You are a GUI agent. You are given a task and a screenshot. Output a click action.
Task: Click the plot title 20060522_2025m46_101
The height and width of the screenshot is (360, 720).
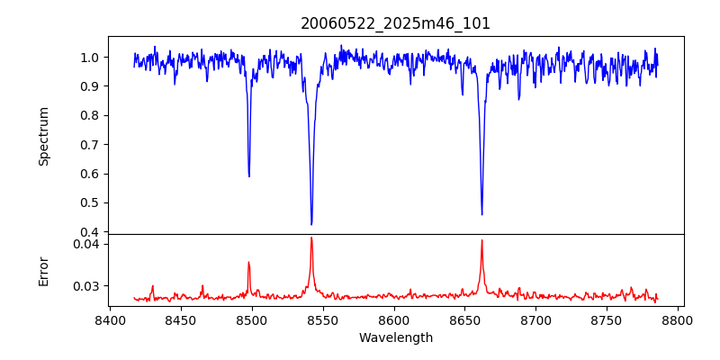pyautogui.click(x=395, y=23)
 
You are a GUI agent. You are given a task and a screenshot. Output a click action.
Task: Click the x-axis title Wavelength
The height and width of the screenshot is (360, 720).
pyautogui.click(x=395, y=338)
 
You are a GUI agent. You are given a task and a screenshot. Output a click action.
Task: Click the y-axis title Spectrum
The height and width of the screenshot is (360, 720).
pyautogui.click(x=44, y=136)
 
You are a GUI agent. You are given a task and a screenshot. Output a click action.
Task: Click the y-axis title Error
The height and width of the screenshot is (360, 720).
pyautogui.click(x=44, y=271)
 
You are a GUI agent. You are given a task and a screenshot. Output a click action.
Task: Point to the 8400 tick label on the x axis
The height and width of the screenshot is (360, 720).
pyautogui.click(x=110, y=319)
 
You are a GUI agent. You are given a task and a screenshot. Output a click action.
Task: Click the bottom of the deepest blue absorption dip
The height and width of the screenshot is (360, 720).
pyautogui.click(x=311, y=224)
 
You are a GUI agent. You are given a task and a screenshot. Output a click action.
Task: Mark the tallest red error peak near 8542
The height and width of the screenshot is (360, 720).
pyautogui.click(x=311, y=238)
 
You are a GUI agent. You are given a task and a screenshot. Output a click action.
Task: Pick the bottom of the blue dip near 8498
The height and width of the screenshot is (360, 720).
pyautogui.click(x=249, y=175)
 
